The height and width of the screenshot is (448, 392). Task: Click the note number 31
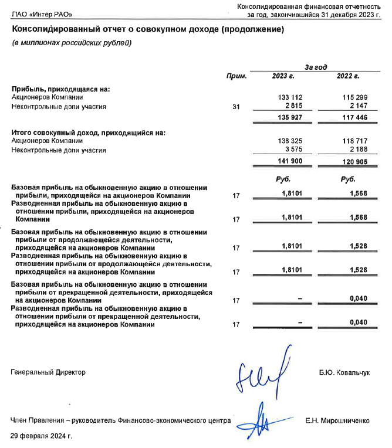click(236, 107)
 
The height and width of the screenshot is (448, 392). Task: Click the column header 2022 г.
click(348, 76)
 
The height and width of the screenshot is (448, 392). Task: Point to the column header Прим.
click(236, 76)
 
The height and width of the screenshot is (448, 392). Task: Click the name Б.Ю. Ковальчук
click(344, 372)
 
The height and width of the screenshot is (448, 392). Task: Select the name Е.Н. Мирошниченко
click(337, 420)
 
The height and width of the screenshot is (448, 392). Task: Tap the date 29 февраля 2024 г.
click(41, 436)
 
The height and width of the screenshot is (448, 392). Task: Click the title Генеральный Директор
click(48, 372)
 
